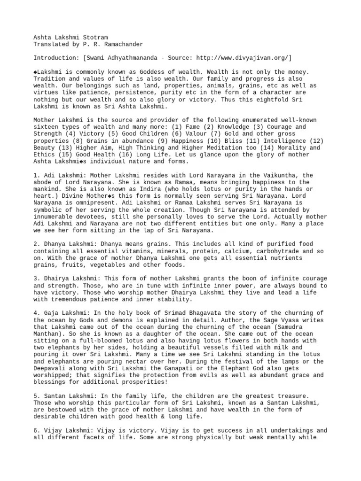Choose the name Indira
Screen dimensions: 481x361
(131, 189)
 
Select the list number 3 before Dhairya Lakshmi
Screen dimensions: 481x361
(36, 279)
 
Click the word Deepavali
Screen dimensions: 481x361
(51, 369)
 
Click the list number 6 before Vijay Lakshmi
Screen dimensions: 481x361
(36, 430)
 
